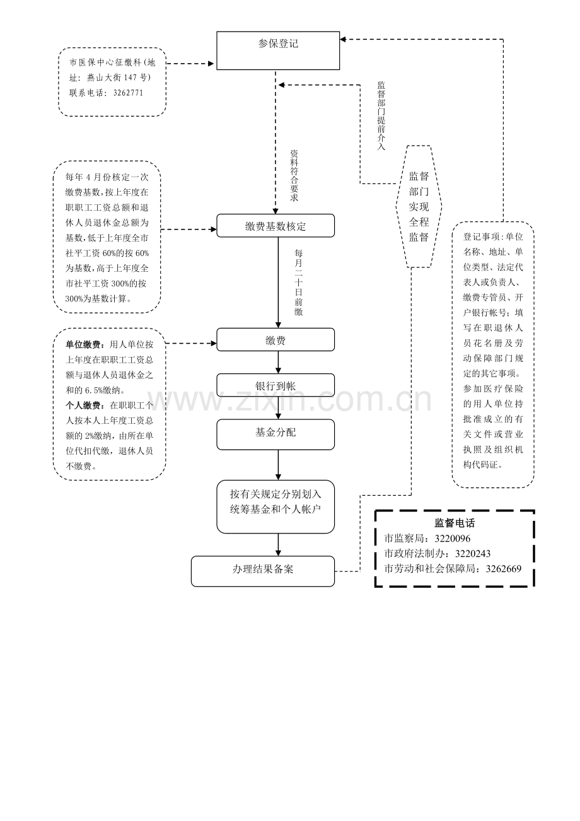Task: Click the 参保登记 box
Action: click(278, 50)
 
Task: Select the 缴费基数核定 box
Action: click(275, 226)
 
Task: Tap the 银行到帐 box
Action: click(275, 385)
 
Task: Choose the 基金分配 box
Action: click(275, 434)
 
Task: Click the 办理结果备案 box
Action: click(263, 571)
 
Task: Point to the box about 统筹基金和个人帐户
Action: click(275, 506)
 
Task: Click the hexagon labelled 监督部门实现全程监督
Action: click(419, 206)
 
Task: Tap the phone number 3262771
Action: click(128, 93)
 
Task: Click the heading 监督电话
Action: click(455, 523)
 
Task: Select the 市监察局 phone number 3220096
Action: click(453, 539)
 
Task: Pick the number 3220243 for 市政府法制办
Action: click(473, 554)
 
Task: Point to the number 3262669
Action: click(504, 569)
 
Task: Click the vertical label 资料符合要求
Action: click(294, 175)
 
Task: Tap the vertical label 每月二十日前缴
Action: click(299, 282)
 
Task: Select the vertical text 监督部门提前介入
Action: click(381, 116)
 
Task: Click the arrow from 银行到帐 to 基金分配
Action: click(278, 408)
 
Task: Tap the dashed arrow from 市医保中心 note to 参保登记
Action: click(190, 64)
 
